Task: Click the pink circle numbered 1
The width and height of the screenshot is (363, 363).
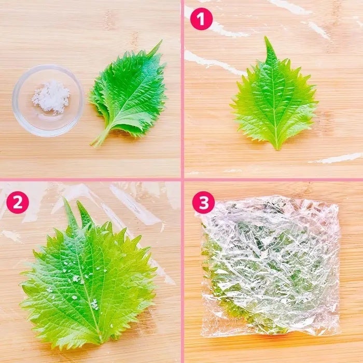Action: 201,19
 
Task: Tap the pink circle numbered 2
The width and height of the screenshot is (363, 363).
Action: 18,202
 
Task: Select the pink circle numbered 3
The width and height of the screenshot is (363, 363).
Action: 203,202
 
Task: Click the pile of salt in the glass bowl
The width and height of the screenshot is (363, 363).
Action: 51,97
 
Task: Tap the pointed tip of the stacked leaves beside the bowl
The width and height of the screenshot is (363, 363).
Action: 161,41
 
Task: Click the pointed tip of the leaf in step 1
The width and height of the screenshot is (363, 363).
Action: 266,38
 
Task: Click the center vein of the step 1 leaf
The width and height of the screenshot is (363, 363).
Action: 273,97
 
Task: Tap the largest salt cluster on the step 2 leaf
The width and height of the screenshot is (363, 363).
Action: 76,278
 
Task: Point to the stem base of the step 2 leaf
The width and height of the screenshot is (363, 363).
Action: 101,343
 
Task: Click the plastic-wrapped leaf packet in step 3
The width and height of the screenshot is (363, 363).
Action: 270,266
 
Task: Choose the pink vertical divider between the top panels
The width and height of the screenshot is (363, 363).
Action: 183,89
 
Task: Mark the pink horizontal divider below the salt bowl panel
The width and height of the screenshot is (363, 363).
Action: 90,180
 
